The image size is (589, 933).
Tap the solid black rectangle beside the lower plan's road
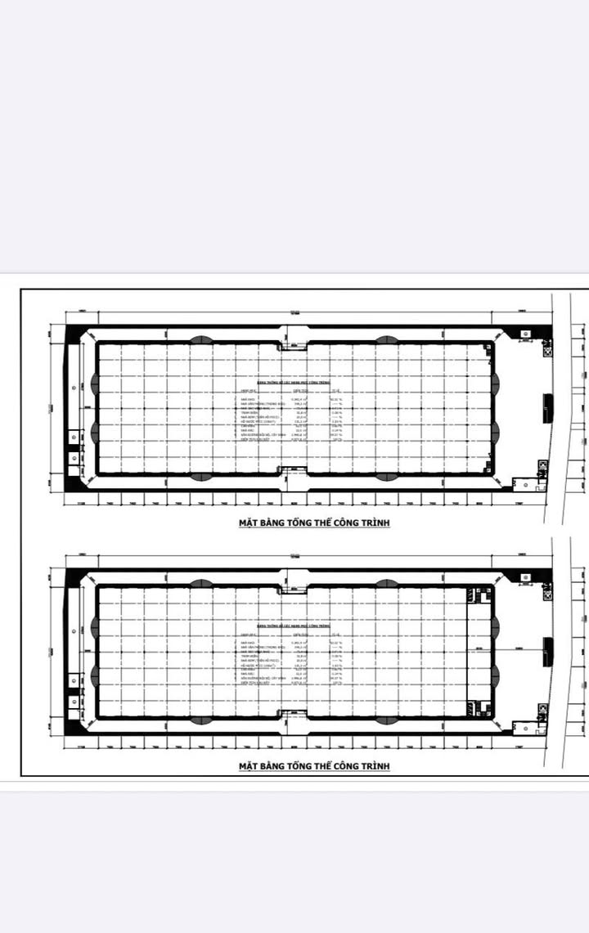coord(547,649)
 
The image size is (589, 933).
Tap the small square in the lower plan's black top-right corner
coord(524,576)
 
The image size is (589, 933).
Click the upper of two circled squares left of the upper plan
coord(74,437)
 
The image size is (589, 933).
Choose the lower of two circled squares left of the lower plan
coord(74,702)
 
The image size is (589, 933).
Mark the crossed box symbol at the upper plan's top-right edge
coord(544,348)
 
